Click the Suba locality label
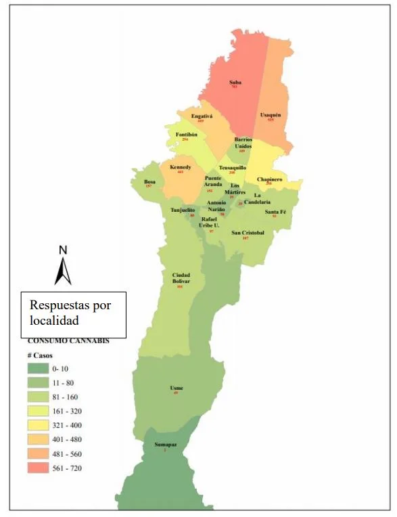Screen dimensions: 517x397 [x=235, y=83]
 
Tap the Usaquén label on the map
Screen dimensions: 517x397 [x=271, y=115]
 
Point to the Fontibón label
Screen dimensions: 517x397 [x=186, y=134]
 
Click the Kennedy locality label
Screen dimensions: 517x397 [x=181, y=167]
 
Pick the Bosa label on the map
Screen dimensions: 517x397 [x=150, y=181]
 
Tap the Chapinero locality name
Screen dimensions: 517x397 [x=268, y=179]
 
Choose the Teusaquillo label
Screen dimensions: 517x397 [x=233, y=167]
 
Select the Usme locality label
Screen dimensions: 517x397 [x=177, y=388]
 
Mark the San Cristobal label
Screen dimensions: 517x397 [x=248, y=233]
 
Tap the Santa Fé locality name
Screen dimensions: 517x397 [x=275, y=212]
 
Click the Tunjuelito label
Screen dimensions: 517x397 [x=183, y=210]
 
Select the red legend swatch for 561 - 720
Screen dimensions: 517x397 [x=41, y=468]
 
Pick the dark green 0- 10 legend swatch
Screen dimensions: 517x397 [x=41, y=369]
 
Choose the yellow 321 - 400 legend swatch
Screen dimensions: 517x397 [x=41, y=425]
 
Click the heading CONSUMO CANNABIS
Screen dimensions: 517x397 [x=68, y=341]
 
